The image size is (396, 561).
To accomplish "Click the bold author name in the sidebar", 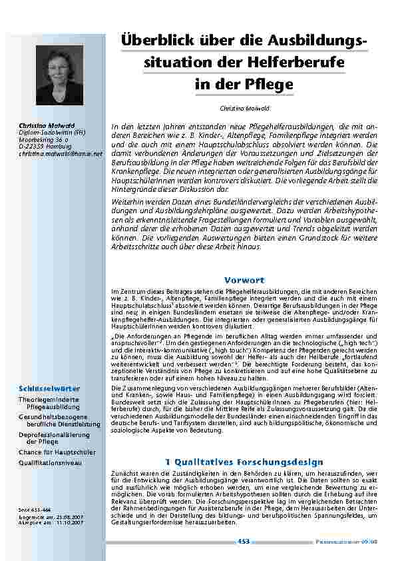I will [x=38, y=125].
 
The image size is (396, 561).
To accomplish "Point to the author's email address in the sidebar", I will [x=61, y=154].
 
